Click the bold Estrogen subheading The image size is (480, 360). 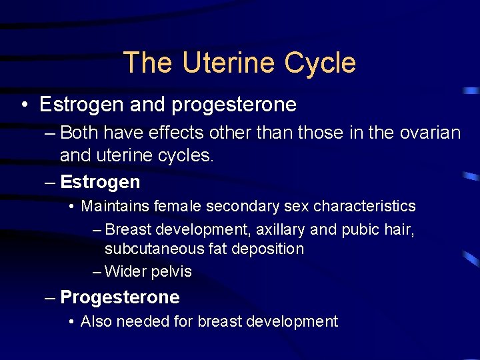tap(100, 181)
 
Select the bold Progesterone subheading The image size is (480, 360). tap(120, 297)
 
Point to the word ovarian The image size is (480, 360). tap(430, 133)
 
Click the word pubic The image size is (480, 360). tap(361, 230)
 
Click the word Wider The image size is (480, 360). tap(124, 271)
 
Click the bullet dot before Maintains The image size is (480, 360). tap(71, 207)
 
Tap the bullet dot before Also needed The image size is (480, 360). tap(71, 322)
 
